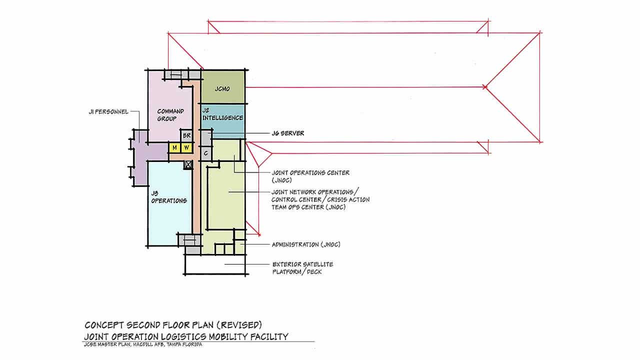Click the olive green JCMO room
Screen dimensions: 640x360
point(223,86)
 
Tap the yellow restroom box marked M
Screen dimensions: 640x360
point(174,147)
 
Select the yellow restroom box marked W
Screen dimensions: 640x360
point(186,147)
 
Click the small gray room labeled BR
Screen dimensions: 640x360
point(186,135)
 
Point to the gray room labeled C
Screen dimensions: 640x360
point(206,153)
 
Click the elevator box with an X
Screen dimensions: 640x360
point(188,164)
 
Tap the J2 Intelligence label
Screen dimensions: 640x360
point(222,114)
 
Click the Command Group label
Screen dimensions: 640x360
point(170,115)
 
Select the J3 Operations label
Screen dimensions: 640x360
point(169,197)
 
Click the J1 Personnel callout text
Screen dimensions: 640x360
point(108,111)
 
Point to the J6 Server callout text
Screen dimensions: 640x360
point(287,133)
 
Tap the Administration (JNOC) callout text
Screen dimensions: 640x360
point(306,244)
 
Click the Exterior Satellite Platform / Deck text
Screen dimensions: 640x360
point(302,268)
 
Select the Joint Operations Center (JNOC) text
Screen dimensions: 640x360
point(310,176)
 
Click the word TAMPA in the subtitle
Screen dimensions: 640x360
point(174,344)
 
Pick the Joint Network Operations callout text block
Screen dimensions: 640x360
point(320,199)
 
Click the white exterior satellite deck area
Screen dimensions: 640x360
point(215,264)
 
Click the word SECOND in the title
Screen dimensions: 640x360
point(143,325)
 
